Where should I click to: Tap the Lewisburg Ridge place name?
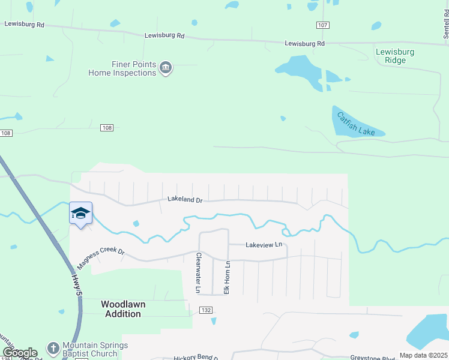395,56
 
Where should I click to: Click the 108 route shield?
107,127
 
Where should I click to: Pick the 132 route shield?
206,310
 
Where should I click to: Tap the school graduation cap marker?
80,214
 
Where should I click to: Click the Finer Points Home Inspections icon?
166,68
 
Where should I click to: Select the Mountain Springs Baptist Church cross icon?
53,348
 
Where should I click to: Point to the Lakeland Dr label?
184,199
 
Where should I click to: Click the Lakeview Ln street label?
264,245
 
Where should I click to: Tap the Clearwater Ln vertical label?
198,273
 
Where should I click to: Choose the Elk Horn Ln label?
228,277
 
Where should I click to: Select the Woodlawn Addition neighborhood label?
123,309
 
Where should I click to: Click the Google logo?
20,353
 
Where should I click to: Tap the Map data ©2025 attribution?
423,355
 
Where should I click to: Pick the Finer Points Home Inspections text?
122,68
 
